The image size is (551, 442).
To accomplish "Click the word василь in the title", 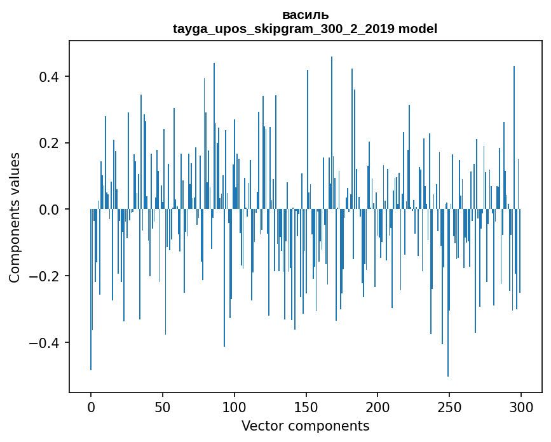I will (x=305, y=15).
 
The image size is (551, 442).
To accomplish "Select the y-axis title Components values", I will (x=15, y=217).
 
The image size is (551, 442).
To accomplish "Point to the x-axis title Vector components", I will (x=305, y=425).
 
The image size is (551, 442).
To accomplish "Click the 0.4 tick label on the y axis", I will (x=50, y=77).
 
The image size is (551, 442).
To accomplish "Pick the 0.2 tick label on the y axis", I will (x=50, y=143).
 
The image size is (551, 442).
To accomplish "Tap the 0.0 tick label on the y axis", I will (x=50, y=210).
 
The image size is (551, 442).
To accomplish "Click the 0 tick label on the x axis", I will (x=91, y=407).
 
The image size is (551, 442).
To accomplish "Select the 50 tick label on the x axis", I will (x=163, y=407).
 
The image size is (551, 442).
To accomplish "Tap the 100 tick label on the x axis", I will (x=235, y=407).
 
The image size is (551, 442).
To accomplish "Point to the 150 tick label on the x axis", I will (x=306, y=407).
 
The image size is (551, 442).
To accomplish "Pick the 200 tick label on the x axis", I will (x=378, y=407).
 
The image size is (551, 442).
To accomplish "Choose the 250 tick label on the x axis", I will (x=449, y=407).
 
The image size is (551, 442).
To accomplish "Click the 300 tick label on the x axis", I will (x=521, y=407).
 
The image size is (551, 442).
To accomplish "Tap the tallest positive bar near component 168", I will (x=332, y=127).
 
